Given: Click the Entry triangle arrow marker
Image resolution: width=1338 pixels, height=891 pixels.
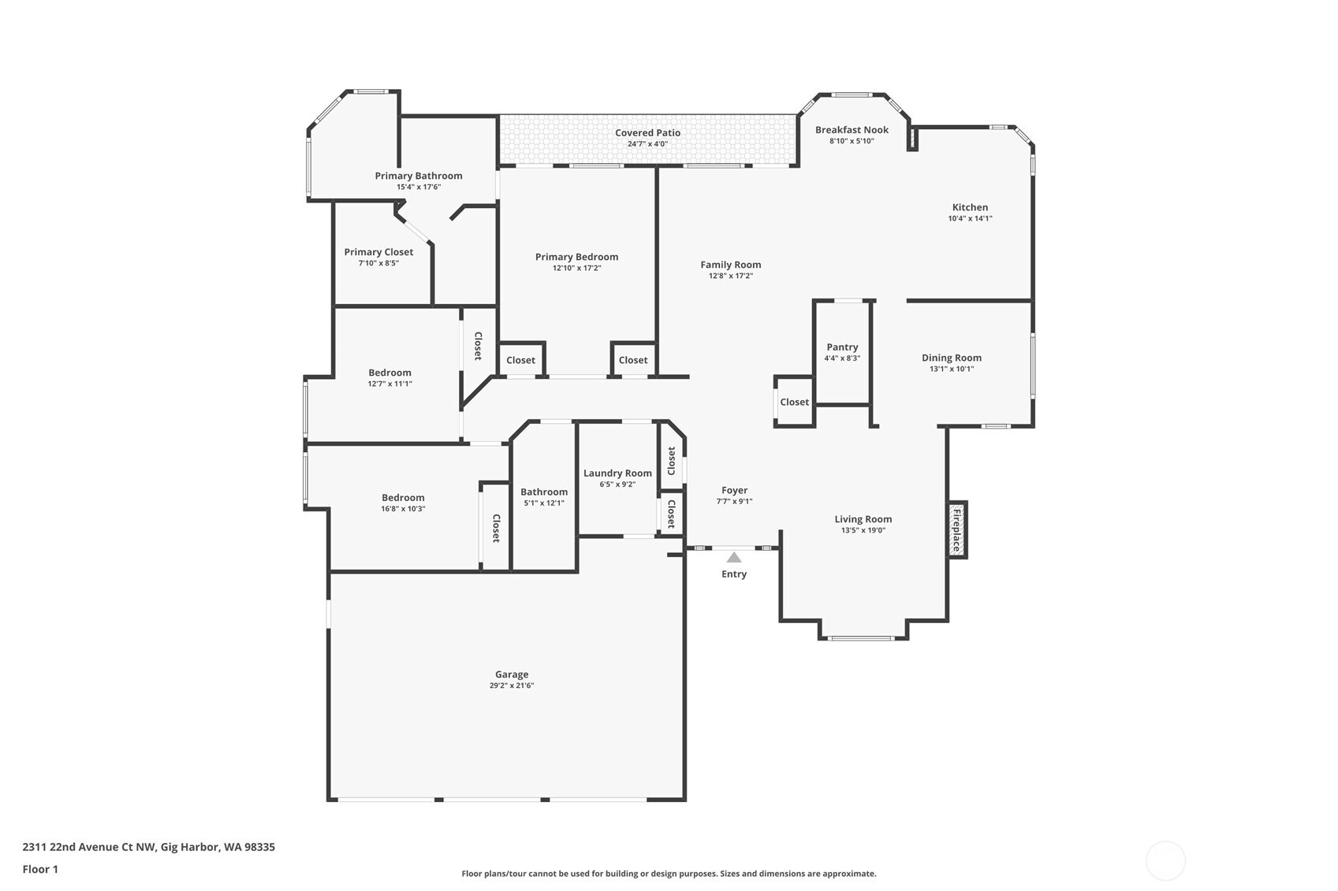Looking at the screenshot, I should [733, 558].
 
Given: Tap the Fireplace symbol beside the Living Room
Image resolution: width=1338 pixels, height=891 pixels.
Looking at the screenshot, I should [956, 529].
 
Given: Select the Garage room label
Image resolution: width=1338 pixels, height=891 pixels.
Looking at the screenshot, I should [512, 674].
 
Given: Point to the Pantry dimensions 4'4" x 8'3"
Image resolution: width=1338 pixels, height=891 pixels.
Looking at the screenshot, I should [842, 358].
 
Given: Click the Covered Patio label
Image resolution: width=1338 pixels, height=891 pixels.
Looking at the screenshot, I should [647, 132].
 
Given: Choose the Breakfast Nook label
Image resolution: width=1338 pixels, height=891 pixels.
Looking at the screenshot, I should [852, 130].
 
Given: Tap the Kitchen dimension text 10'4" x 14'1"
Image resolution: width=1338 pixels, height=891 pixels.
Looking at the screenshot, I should [970, 219].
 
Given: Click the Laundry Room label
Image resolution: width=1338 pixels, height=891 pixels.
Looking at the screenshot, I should [617, 473].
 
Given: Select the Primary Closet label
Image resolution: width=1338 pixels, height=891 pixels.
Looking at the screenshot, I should [378, 252].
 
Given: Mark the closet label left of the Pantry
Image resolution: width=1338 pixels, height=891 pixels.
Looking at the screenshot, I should [794, 402].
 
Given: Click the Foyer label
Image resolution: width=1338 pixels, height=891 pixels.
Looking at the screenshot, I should [734, 490].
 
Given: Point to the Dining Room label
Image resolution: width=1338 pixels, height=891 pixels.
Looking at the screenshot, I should [952, 358].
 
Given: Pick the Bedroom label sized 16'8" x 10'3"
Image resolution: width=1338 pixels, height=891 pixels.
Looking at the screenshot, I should [403, 498].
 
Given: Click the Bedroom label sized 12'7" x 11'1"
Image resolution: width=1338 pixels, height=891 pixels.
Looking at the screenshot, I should [389, 373].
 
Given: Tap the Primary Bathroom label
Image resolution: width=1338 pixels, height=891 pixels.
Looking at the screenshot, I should [419, 176].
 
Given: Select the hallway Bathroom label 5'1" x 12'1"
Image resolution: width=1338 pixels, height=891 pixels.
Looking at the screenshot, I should [544, 492].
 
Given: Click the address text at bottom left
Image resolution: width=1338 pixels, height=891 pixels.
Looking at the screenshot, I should [148, 847].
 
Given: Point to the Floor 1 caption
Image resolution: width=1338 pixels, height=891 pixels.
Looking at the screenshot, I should [40, 869].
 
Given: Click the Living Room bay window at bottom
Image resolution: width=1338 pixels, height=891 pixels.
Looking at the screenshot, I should [863, 638].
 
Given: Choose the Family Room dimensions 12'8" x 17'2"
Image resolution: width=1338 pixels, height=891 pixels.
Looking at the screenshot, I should [730, 276].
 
